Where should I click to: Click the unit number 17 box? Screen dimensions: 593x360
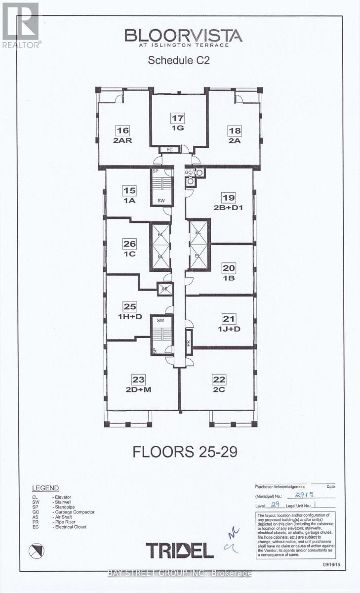point(177,118)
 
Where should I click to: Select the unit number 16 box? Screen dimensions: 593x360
point(122,130)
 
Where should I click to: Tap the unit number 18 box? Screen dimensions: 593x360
point(234,130)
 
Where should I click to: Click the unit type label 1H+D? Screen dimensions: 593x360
point(129,316)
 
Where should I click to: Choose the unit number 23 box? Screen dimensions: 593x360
point(138,380)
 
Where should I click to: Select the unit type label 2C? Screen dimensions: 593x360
point(218,388)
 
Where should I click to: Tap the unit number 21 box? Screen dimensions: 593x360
point(229,319)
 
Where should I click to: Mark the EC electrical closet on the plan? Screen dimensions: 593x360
point(169,149)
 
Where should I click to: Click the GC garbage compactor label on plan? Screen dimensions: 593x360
point(188,172)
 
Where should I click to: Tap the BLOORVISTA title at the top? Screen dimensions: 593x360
point(183,36)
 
